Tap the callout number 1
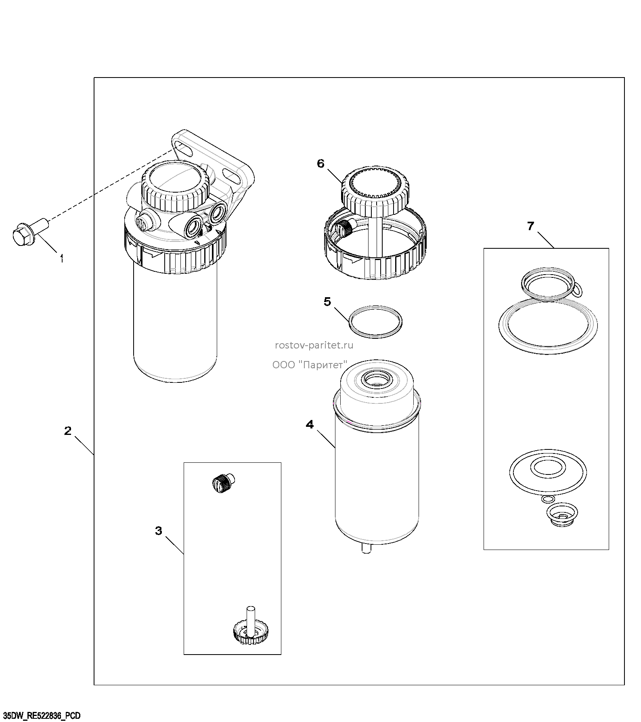pos(62,258)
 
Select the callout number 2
pos(68,431)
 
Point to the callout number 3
pos(159,531)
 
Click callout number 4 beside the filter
pos(310,424)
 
